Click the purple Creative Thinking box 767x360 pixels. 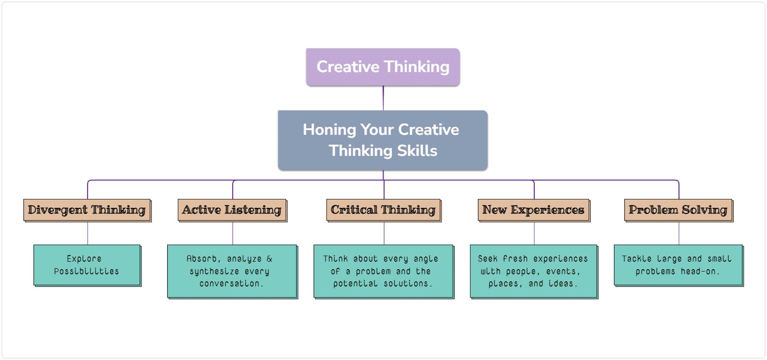383,67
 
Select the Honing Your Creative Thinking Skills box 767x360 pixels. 383,140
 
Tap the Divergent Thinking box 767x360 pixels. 87,210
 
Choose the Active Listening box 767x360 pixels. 233,210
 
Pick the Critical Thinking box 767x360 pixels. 384,210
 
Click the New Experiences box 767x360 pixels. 534,210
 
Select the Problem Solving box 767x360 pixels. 678,210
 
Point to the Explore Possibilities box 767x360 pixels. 87,265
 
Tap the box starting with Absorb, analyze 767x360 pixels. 233,272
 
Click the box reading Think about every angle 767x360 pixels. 384,272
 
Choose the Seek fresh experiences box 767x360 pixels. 534,272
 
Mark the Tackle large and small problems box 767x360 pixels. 678,265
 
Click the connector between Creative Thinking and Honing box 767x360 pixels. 383,98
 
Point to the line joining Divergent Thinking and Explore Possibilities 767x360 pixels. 88,234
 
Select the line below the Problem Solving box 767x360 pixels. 679,234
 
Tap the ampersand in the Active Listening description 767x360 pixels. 269,259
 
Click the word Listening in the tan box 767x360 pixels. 253,210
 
